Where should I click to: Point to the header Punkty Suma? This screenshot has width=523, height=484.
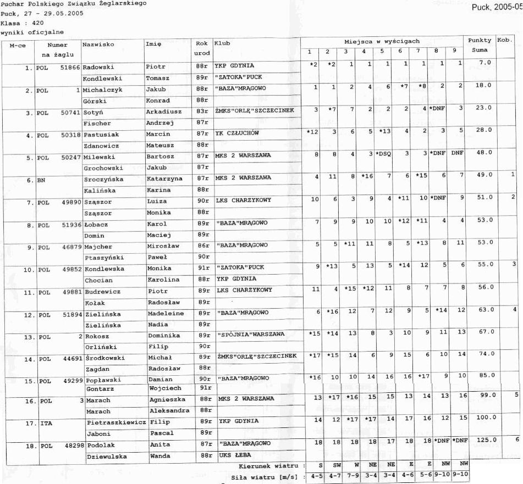tap(479, 45)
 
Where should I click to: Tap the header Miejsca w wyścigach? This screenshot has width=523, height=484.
tap(382, 41)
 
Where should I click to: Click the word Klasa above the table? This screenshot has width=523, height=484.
tap(9, 23)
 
